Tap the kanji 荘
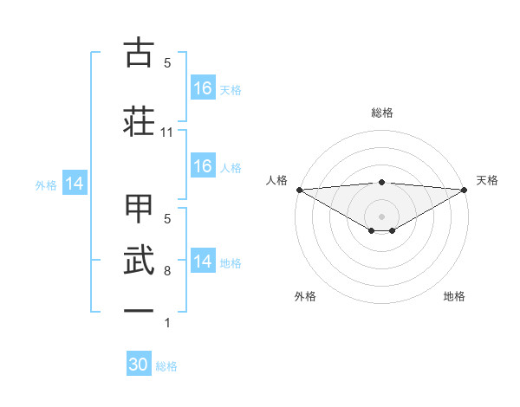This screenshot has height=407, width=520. pos(140,119)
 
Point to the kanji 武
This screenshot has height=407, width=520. pos(140,259)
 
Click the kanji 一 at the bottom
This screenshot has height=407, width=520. pos(140,309)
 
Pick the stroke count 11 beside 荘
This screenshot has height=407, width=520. pos(167,132)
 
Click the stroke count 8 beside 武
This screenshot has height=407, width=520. pos(167,271)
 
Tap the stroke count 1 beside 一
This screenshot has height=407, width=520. pos(167,323)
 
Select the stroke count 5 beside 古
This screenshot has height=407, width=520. pos(167,63)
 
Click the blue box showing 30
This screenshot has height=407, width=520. pos(139,365)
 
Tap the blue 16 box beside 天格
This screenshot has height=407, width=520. pos(203,88)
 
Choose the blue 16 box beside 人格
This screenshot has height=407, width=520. pos(203,166)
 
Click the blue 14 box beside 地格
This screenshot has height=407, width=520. pos(203,262)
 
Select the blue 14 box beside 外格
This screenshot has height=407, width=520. pos(74,184)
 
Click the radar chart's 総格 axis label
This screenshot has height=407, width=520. pos(381,113)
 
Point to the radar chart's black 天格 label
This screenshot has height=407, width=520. pos(487,180)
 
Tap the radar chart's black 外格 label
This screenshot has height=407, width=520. pos(305,296)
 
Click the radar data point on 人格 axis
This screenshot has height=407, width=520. pos(299,189)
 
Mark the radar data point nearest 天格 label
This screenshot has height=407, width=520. pos(465,189)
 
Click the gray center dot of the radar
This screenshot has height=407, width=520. pos(381,216)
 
